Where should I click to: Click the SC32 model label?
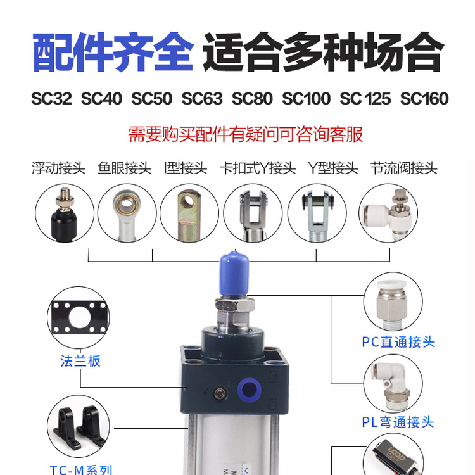click(x=51, y=99)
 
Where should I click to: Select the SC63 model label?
click(x=202, y=99)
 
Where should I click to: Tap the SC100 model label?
click(x=307, y=99)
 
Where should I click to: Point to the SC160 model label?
click(x=424, y=99)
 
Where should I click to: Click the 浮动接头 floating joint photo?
click(x=64, y=214)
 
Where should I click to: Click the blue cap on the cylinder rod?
click(x=234, y=273)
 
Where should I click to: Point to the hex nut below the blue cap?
click(x=235, y=304)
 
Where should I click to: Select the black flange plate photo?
click(x=79, y=317)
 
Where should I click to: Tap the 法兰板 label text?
click(x=80, y=361)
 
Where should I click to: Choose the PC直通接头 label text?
click(x=398, y=342)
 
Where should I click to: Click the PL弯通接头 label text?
click(x=398, y=422)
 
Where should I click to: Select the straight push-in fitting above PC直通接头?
click(x=391, y=305)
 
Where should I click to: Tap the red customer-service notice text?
click(x=245, y=134)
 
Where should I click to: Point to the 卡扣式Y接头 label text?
click(x=258, y=168)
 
